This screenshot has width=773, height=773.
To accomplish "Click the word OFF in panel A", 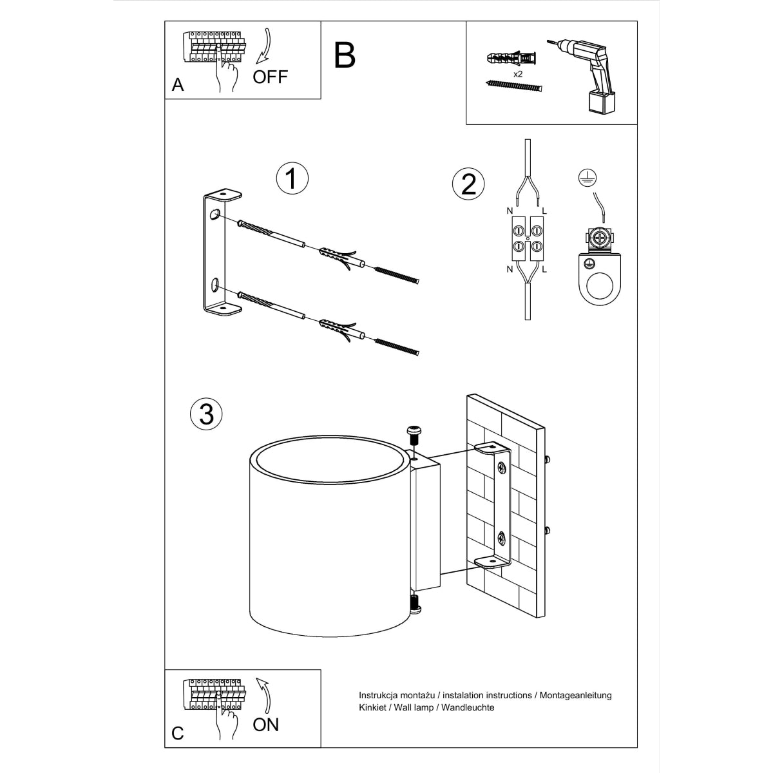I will click(270, 77).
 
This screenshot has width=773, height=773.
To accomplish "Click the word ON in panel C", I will click(265, 725).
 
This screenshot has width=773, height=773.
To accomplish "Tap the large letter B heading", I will click(345, 55).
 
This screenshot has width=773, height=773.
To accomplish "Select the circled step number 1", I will click(292, 178).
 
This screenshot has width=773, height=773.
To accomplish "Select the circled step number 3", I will click(206, 414).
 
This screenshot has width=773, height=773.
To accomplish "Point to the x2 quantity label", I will click(517, 74).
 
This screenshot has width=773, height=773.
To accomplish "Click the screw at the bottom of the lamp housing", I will click(414, 605).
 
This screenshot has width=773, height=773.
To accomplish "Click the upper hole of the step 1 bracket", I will click(213, 215).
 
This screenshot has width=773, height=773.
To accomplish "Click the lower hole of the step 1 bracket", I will click(215, 284).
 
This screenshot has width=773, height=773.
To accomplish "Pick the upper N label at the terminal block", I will click(509, 210).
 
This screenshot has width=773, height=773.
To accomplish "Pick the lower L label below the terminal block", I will click(544, 269).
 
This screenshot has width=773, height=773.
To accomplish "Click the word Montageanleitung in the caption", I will click(575, 695).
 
